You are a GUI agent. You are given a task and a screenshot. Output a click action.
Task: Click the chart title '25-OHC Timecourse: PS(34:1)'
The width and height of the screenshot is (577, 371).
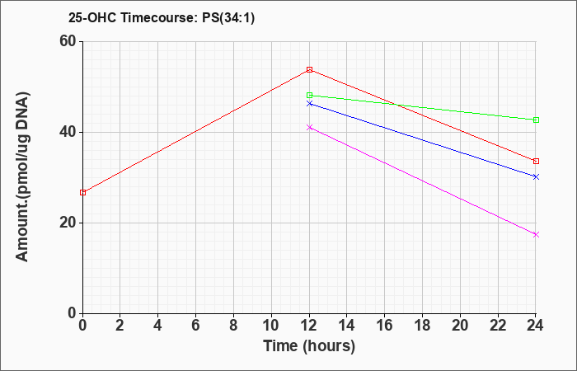coord(162,18)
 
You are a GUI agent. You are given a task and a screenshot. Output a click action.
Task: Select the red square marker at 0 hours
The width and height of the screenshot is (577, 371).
coord(82,192)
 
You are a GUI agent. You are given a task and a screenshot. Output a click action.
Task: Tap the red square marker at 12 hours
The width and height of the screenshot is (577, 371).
coord(309,69)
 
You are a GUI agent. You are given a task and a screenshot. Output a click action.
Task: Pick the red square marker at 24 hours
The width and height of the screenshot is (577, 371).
coord(536,162)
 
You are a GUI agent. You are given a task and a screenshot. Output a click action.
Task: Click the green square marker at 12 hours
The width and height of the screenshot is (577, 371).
coord(309,96)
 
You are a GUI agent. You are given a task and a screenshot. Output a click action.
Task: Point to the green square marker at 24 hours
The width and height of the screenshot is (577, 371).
coord(536,120)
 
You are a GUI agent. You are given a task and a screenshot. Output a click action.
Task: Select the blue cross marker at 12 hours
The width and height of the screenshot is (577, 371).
coord(309,104)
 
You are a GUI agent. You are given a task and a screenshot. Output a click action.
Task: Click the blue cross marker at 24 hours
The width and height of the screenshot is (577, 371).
coord(536,177)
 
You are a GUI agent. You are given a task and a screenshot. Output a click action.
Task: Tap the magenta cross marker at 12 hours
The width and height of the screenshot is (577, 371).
coord(309,127)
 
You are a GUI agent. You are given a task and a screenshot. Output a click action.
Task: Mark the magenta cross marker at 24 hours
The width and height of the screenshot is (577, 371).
coord(536,234)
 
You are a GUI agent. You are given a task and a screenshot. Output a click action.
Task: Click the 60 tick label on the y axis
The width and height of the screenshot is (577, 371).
coord(68,41)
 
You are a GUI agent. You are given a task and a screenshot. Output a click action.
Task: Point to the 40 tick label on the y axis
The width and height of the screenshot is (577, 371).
coord(68,132)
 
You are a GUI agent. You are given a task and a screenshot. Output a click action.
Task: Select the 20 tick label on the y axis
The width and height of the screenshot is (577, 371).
coord(68,223)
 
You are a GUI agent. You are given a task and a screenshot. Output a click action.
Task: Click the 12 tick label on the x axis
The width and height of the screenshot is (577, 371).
coord(309,326)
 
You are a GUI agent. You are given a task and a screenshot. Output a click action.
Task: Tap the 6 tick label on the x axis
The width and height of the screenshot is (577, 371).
coord(196,326)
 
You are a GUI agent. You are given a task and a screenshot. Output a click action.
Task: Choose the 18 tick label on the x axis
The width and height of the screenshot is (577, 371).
coord(423,326)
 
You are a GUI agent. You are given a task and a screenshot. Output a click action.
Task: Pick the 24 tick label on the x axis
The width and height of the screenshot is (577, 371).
coord(535,326)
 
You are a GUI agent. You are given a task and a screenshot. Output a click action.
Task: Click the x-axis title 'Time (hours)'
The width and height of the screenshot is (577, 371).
coord(309,346)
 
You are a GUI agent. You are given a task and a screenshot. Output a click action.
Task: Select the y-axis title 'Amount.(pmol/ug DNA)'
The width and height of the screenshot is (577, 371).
coord(22,176)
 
